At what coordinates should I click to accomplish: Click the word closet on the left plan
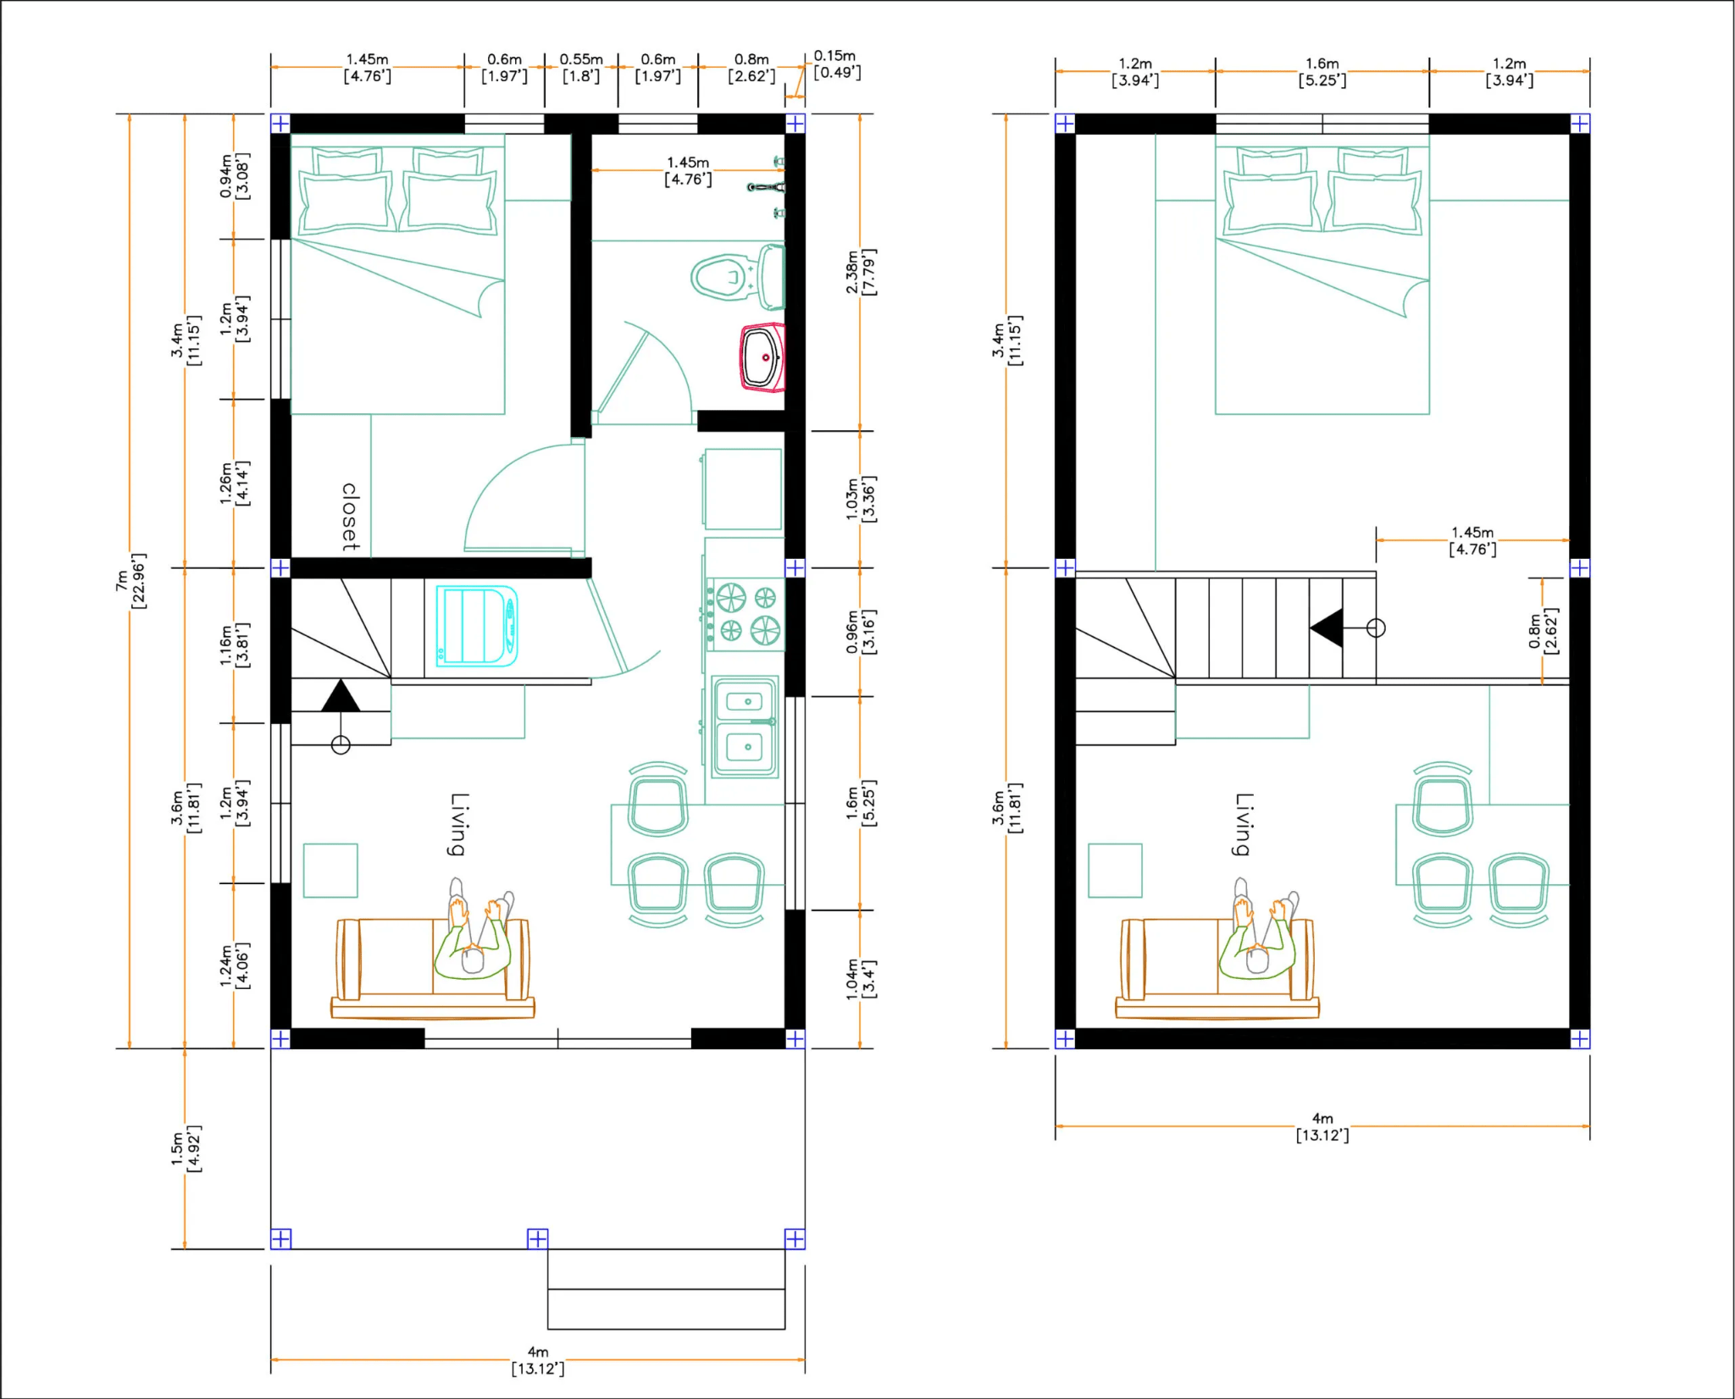pos(350,517)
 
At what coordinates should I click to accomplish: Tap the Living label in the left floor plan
pos(458,824)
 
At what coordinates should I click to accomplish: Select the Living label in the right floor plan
pos(1243,824)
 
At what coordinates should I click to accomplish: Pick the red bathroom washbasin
pos(762,357)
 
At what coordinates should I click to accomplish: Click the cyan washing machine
pos(477,626)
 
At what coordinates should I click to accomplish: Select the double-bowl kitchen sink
pos(745,726)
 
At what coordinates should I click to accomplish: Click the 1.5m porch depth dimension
pos(186,1148)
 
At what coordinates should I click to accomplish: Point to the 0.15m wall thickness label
pos(836,64)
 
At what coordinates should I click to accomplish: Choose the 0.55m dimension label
pos(581,68)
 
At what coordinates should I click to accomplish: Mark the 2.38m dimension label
pos(860,272)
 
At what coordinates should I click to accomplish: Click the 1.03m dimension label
pos(860,499)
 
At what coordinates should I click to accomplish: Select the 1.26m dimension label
pos(235,484)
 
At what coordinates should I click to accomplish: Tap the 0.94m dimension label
pos(235,176)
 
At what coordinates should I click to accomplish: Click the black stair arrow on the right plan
pos(1327,628)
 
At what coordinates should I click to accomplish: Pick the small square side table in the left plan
pos(330,870)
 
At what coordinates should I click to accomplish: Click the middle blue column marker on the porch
pos(538,1239)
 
